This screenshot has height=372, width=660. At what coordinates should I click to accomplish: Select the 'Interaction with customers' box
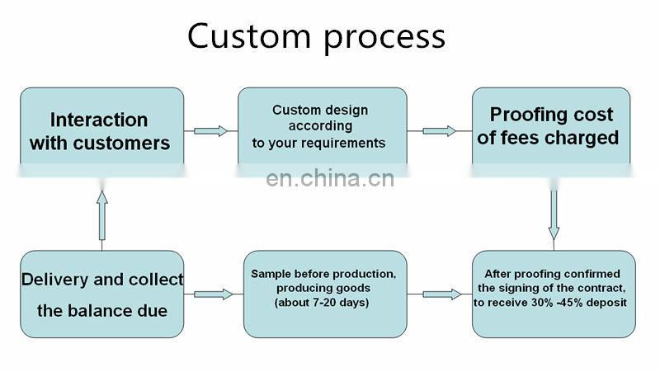click(101, 131)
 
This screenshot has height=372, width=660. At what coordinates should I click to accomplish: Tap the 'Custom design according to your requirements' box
click(322, 127)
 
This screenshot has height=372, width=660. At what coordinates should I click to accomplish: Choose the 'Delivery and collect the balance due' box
click(101, 294)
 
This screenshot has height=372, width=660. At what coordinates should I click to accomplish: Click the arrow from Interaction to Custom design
click(210, 130)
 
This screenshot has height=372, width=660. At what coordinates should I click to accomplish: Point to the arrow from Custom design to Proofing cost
click(439, 130)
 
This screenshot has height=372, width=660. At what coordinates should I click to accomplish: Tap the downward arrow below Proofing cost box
click(554, 214)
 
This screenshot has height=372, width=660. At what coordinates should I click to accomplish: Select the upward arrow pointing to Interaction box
click(101, 219)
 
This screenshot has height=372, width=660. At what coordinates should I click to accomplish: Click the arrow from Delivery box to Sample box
click(213, 294)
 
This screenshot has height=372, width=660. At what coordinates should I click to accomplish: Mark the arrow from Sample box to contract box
click(441, 294)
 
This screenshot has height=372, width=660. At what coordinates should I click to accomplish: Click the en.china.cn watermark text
click(330, 178)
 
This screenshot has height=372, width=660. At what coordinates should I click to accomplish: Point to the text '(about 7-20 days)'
click(324, 303)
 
